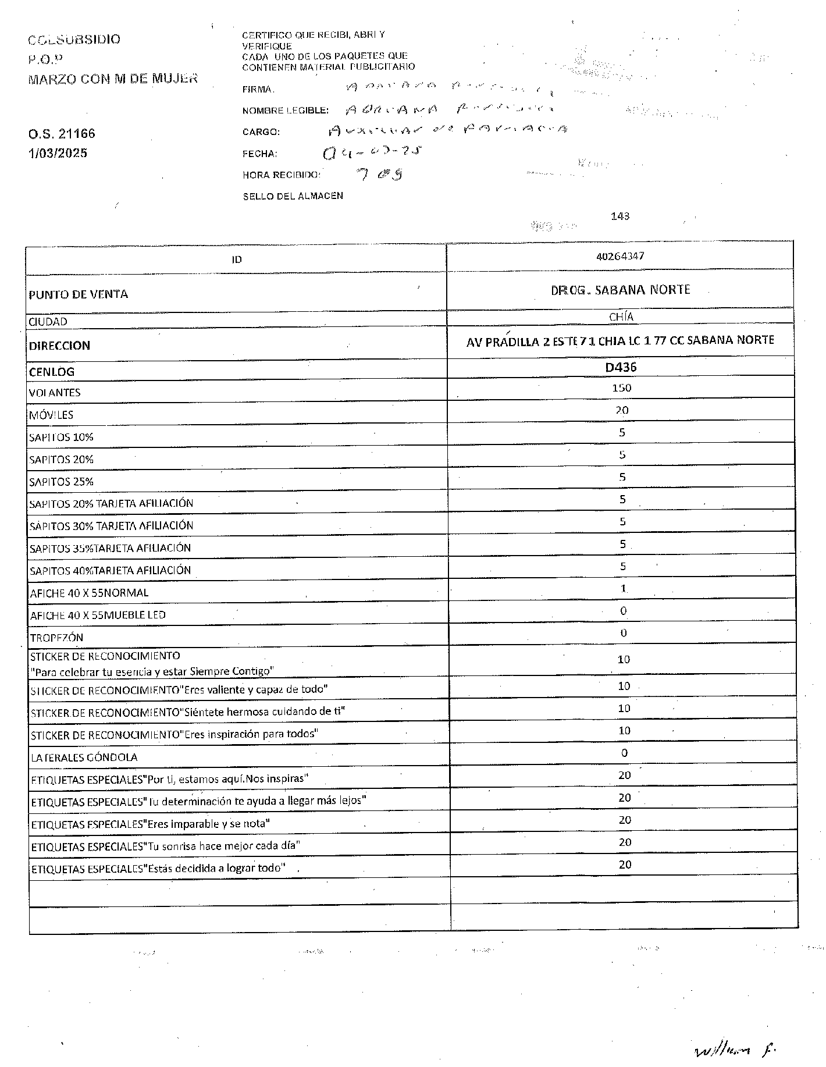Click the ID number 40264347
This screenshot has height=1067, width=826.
(620, 256)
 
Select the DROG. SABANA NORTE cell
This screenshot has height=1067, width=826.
(620, 290)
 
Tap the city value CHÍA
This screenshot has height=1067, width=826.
(621, 317)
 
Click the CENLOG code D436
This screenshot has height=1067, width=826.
(621, 368)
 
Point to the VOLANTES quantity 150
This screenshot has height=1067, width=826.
(621, 388)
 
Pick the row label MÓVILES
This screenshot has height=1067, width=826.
(51, 415)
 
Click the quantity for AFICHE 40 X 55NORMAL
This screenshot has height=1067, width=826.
(623, 589)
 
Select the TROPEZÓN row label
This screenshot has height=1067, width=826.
(56, 638)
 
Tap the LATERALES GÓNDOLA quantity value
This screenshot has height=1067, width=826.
(624, 753)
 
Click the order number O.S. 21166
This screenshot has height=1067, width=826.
(62, 134)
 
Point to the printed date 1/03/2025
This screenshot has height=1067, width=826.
(58, 154)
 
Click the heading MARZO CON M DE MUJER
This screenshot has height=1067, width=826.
(113, 79)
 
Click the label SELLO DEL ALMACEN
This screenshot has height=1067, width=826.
(293, 196)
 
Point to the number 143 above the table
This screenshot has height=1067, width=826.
(620, 216)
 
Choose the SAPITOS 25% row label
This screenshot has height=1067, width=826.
(61, 482)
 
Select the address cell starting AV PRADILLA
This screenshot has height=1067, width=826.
(620, 341)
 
